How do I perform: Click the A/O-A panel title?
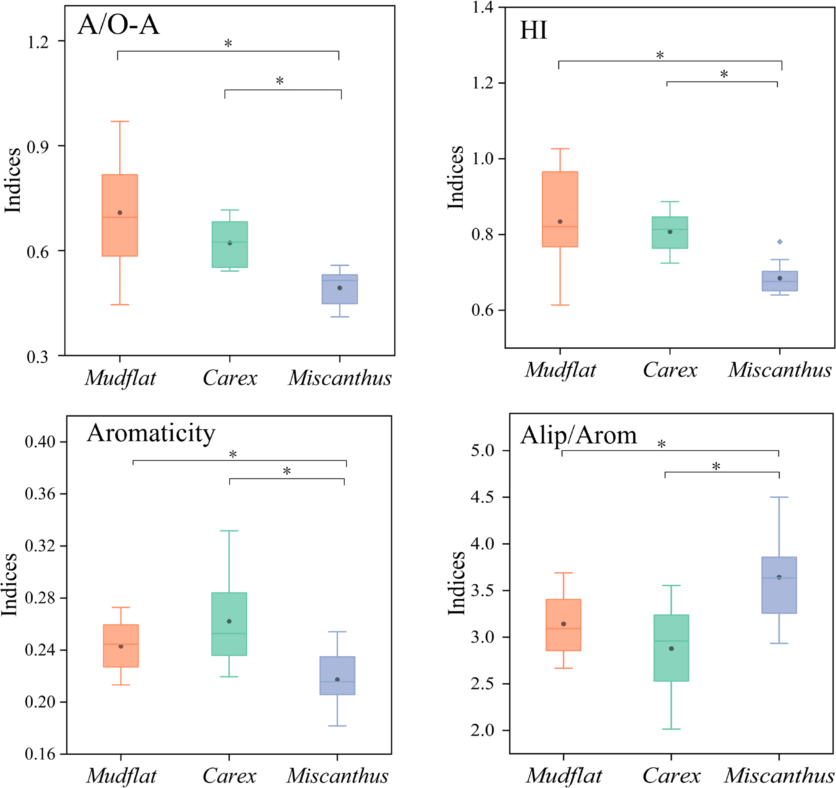tap(119, 24)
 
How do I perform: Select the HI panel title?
tap(533, 30)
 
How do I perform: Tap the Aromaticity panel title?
tap(151, 433)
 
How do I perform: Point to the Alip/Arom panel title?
tap(579, 435)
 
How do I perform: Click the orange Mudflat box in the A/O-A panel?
tap(120, 215)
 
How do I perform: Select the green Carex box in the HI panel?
tap(670, 232)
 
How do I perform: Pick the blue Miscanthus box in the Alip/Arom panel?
tap(779, 585)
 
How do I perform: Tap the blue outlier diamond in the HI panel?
tap(780, 242)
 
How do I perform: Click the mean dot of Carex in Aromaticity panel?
tap(229, 621)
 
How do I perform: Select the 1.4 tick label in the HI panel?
tap(483, 8)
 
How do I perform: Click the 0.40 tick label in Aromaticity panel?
tap(40, 442)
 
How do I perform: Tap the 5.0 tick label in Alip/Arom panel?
tap(483, 450)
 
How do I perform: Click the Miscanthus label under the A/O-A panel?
tap(340, 378)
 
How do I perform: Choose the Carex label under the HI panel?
tap(670, 370)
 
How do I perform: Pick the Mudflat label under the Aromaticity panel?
tap(121, 775)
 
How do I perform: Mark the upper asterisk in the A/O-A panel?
tap(228, 43)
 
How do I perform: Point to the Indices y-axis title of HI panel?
tap(455, 177)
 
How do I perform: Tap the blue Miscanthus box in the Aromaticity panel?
tap(337, 675)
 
